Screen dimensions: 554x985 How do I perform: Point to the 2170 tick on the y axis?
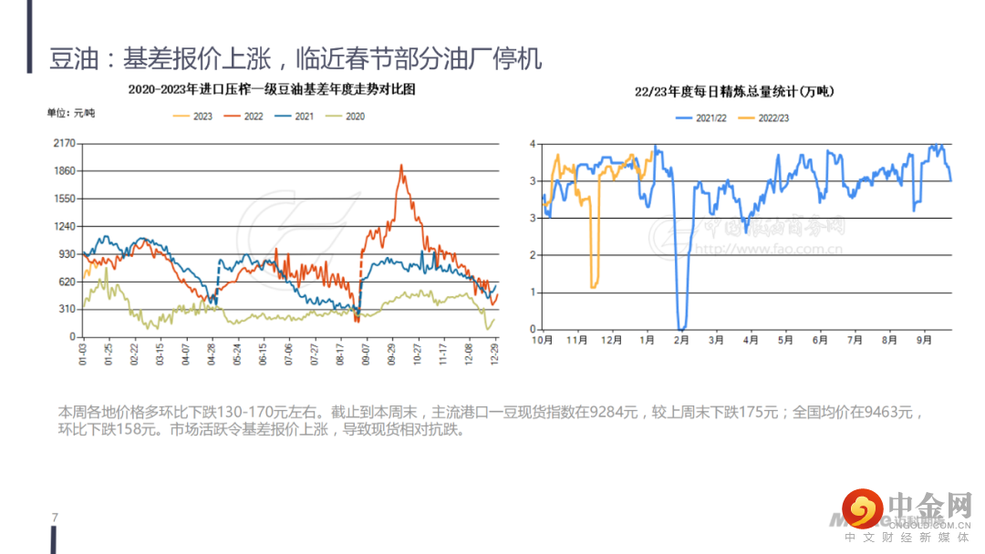pyautogui.click(x=64, y=144)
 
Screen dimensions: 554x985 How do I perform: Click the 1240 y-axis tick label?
pyautogui.click(x=64, y=226)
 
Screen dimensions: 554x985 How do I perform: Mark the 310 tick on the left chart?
pyautogui.click(x=67, y=309)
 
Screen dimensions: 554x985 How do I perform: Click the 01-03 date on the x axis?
pyautogui.click(x=84, y=353)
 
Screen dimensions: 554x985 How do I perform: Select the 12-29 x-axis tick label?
pyautogui.click(x=495, y=353)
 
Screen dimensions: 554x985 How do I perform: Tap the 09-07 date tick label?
pyautogui.click(x=367, y=353)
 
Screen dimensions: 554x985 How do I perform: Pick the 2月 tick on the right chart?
pyautogui.click(x=679, y=339)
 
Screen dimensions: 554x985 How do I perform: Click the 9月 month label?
pyautogui.click(x=924, y=339)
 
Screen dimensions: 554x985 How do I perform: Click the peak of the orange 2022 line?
pyautogui.click(x=401, y=166)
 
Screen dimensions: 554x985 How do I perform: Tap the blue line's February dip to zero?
pyautogui.click(x=681, y=327)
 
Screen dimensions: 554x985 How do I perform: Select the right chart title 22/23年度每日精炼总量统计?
pyautogui.click(x=734, y=91)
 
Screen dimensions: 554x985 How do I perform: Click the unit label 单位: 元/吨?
pyautogui.click(x=71, y=113)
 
